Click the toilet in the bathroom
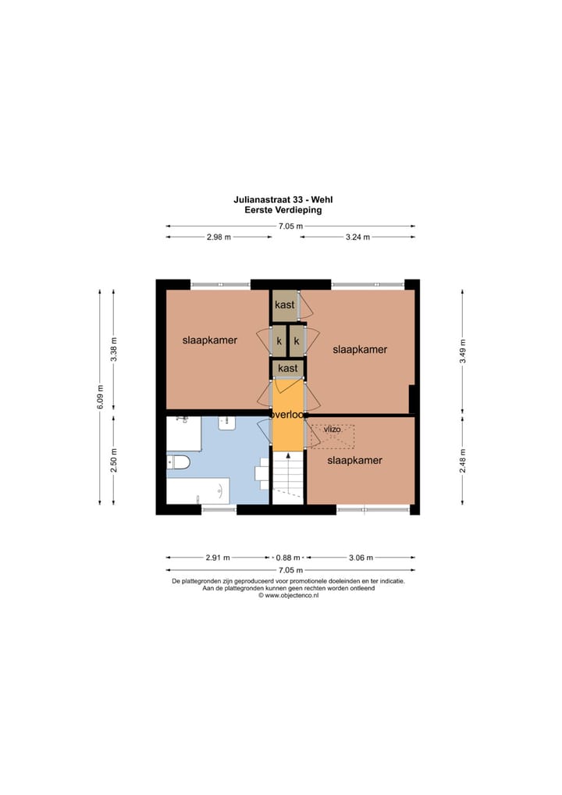click(x=179, y=462)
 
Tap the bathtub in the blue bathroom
click(x=198, y=490)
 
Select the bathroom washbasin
click(x=227, y=423)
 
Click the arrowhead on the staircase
click(x=288, y=455)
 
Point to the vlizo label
click(x=333, y=430)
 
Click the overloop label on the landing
click(x=288, y=414)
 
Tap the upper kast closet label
click(x=285, y=305)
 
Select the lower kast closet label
click(x=288, y=368)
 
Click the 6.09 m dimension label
click(x=100, y=397)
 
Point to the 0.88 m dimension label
click(x=288, y=558)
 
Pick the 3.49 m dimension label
click(x=463, y=351)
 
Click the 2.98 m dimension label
click(x=219, y=237)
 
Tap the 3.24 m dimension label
click(x=357, y=237)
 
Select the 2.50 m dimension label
click(x=114, y=461)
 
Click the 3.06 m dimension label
click(x=361, y=558)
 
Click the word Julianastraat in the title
click(x=265, y=200)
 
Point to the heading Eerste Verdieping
click(x=283, y=209)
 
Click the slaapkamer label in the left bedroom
click(x=210, y=340)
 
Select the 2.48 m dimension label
click(x=463, y=461)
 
